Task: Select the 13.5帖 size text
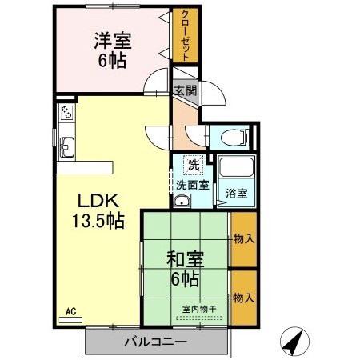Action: click(x=96, y=220)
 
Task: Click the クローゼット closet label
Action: click(x=186, y=35)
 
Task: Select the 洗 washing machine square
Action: click(x=193, y=165)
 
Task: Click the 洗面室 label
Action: click(x=194, y=186)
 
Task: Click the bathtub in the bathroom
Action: click(x=235, y=169)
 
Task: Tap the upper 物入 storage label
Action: click(x=243, y=239)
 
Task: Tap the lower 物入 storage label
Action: click(x=243, y=298)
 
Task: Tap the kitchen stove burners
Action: click(x=66, y=113)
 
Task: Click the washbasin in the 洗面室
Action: click(x=182, y=202)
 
